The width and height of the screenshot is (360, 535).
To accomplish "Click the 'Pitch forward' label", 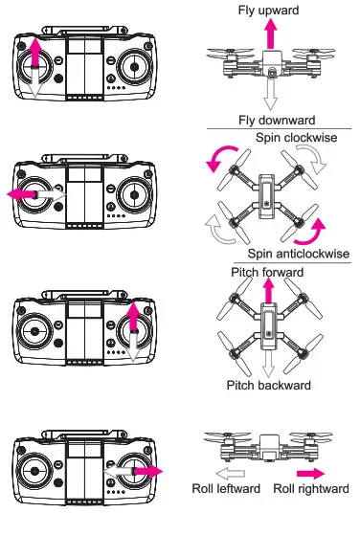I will (x=267, y=273).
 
